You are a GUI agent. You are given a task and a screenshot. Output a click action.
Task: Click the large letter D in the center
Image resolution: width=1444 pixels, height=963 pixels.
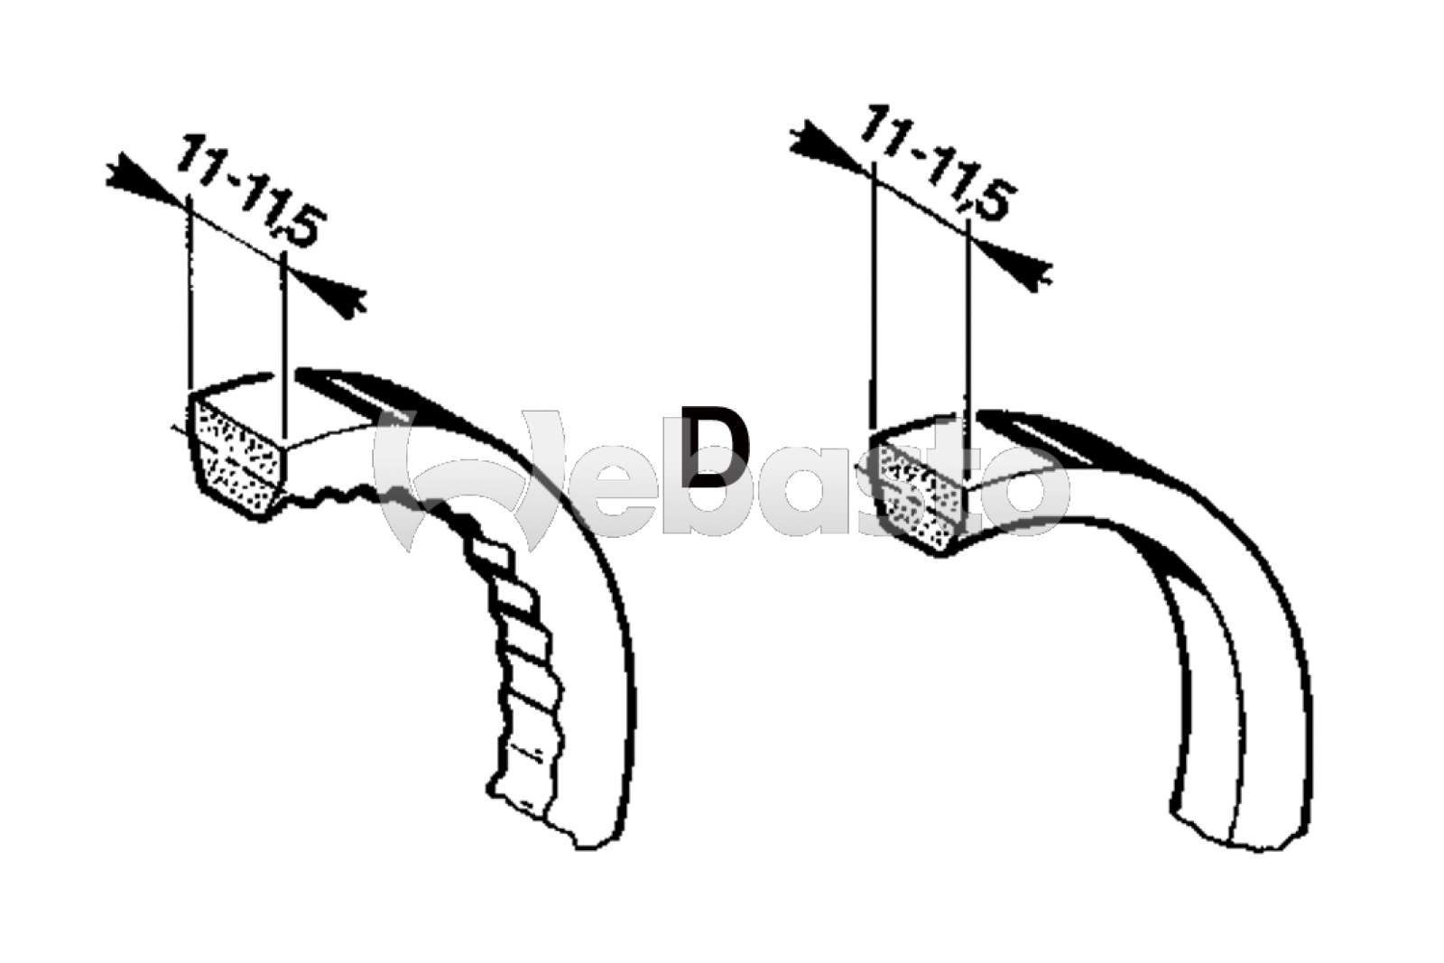(717, 448)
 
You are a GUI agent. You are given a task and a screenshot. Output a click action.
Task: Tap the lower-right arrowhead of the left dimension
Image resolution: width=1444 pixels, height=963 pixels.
(339, 296)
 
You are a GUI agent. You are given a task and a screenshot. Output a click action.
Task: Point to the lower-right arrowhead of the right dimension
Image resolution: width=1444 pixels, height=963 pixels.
(1023, 263)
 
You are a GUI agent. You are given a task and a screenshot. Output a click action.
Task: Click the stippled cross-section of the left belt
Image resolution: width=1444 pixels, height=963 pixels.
(237, 460)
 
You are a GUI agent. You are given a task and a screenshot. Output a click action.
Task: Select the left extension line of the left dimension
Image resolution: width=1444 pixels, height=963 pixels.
(191, 298)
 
